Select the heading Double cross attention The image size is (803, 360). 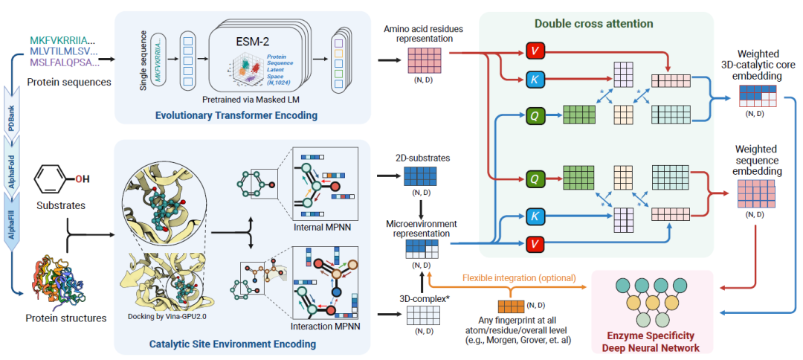coord(593,23)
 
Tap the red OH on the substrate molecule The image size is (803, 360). coord(83,179)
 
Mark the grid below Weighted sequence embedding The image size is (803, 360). coord(755,194)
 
